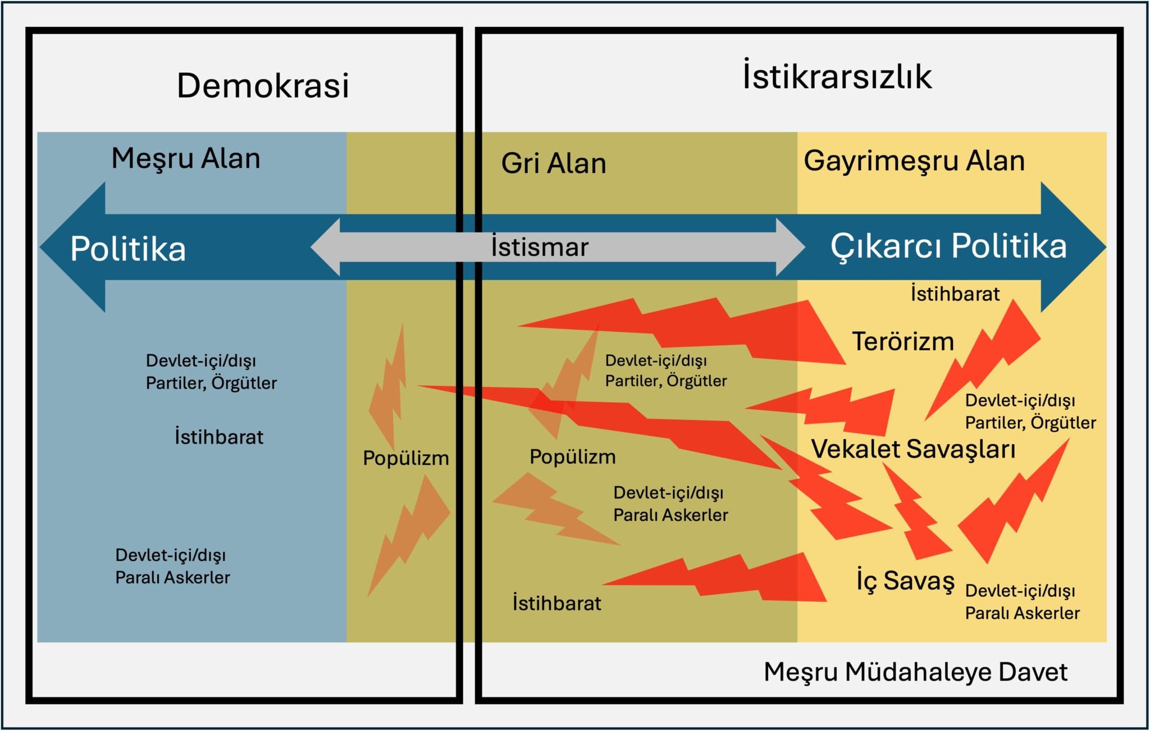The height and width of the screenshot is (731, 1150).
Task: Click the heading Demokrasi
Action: (x=263, y=85)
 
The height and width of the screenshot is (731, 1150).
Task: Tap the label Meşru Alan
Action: (x=186, y=158)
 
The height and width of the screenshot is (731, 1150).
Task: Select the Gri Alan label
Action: (x=554, y=163)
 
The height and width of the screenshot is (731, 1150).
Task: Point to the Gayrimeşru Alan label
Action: (x=914, y=161)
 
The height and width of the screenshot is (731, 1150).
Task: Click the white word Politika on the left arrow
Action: (x=128, y=249)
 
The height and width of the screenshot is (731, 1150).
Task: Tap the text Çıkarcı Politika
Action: (x=948, y=246)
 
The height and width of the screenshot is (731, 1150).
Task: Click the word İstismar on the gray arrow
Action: (x=540, y=246)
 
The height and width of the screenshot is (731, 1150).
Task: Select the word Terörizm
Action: (x=903, y=341)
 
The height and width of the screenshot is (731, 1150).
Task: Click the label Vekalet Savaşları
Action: (x=913, y=449)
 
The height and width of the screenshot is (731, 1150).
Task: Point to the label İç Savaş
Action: (x=905, y=581)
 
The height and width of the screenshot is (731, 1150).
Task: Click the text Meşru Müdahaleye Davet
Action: (x=915, y=672)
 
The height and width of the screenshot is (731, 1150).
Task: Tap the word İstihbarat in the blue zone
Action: (x=219, y=437)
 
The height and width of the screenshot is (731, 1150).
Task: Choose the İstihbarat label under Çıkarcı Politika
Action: (x=955, y=294)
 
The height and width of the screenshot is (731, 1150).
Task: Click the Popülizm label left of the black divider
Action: (x=406, y=458)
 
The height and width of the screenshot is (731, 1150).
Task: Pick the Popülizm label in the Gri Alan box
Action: (x=573, y=457)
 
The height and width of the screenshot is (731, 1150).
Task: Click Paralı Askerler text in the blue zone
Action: (x=173, y=577)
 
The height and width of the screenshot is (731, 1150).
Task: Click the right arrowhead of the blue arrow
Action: (x=1073, y=247)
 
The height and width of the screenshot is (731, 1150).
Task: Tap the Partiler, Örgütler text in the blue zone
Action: (x=211, y=383)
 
